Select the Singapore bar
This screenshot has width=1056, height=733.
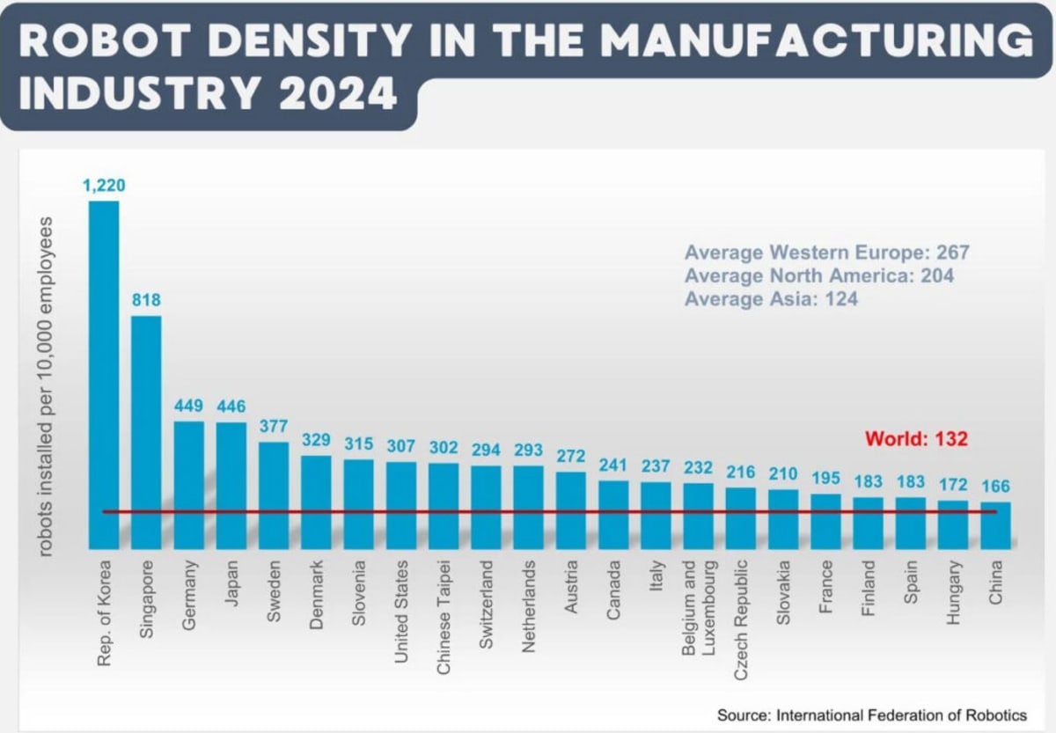pyautogui.click(x=146, y=431)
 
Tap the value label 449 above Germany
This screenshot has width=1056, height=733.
pyautogui.click(x=188, y=406)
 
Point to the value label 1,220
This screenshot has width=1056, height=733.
pyautogui.click(x=104, y=185)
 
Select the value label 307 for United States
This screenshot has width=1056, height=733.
pyautogui.click(x=401, y=445)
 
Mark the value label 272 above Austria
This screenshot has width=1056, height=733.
pyautogui.click(x=571, y=456)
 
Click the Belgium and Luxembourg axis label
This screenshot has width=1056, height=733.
pyautogui.click(x=698, y=607)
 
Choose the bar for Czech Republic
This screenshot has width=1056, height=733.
pyautogui.click(x=741, y=518)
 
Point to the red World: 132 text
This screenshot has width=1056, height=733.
pyautogui.click(x=916, y=438)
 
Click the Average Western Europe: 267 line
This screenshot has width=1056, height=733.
pyautogui.click(x=826, y=253)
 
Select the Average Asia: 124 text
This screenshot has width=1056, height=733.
pyautogui.click(x=771, y=299)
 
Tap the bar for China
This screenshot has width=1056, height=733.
pyautogui.click(x=995, y=525)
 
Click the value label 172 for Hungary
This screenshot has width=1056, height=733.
pyautogui.click(x=953, y=484)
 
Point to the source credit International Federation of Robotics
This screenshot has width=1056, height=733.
pyautogui.click(x=871, y=715)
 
